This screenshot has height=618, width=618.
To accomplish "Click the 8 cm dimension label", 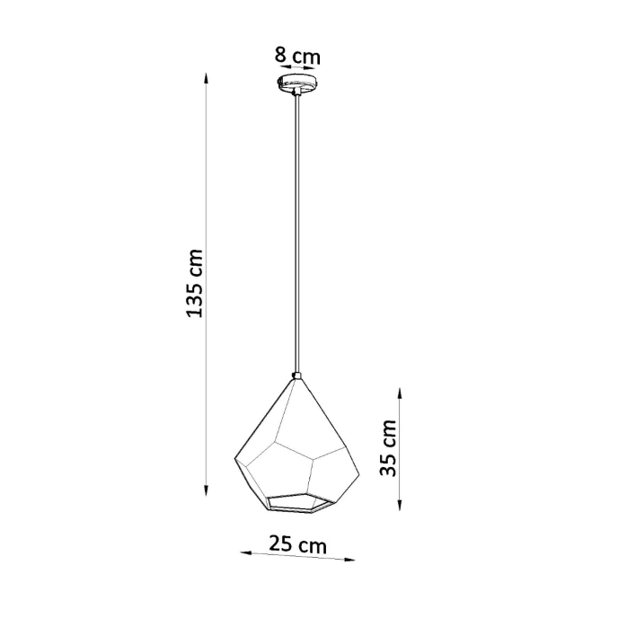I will tap(297, 56).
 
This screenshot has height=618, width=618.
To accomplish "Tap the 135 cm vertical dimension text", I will tap(195, 283).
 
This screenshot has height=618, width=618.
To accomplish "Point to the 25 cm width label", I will tap(297, 544).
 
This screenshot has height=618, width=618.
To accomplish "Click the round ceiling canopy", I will tap(296, 85).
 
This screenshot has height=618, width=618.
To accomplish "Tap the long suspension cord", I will tap(296, 234).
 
